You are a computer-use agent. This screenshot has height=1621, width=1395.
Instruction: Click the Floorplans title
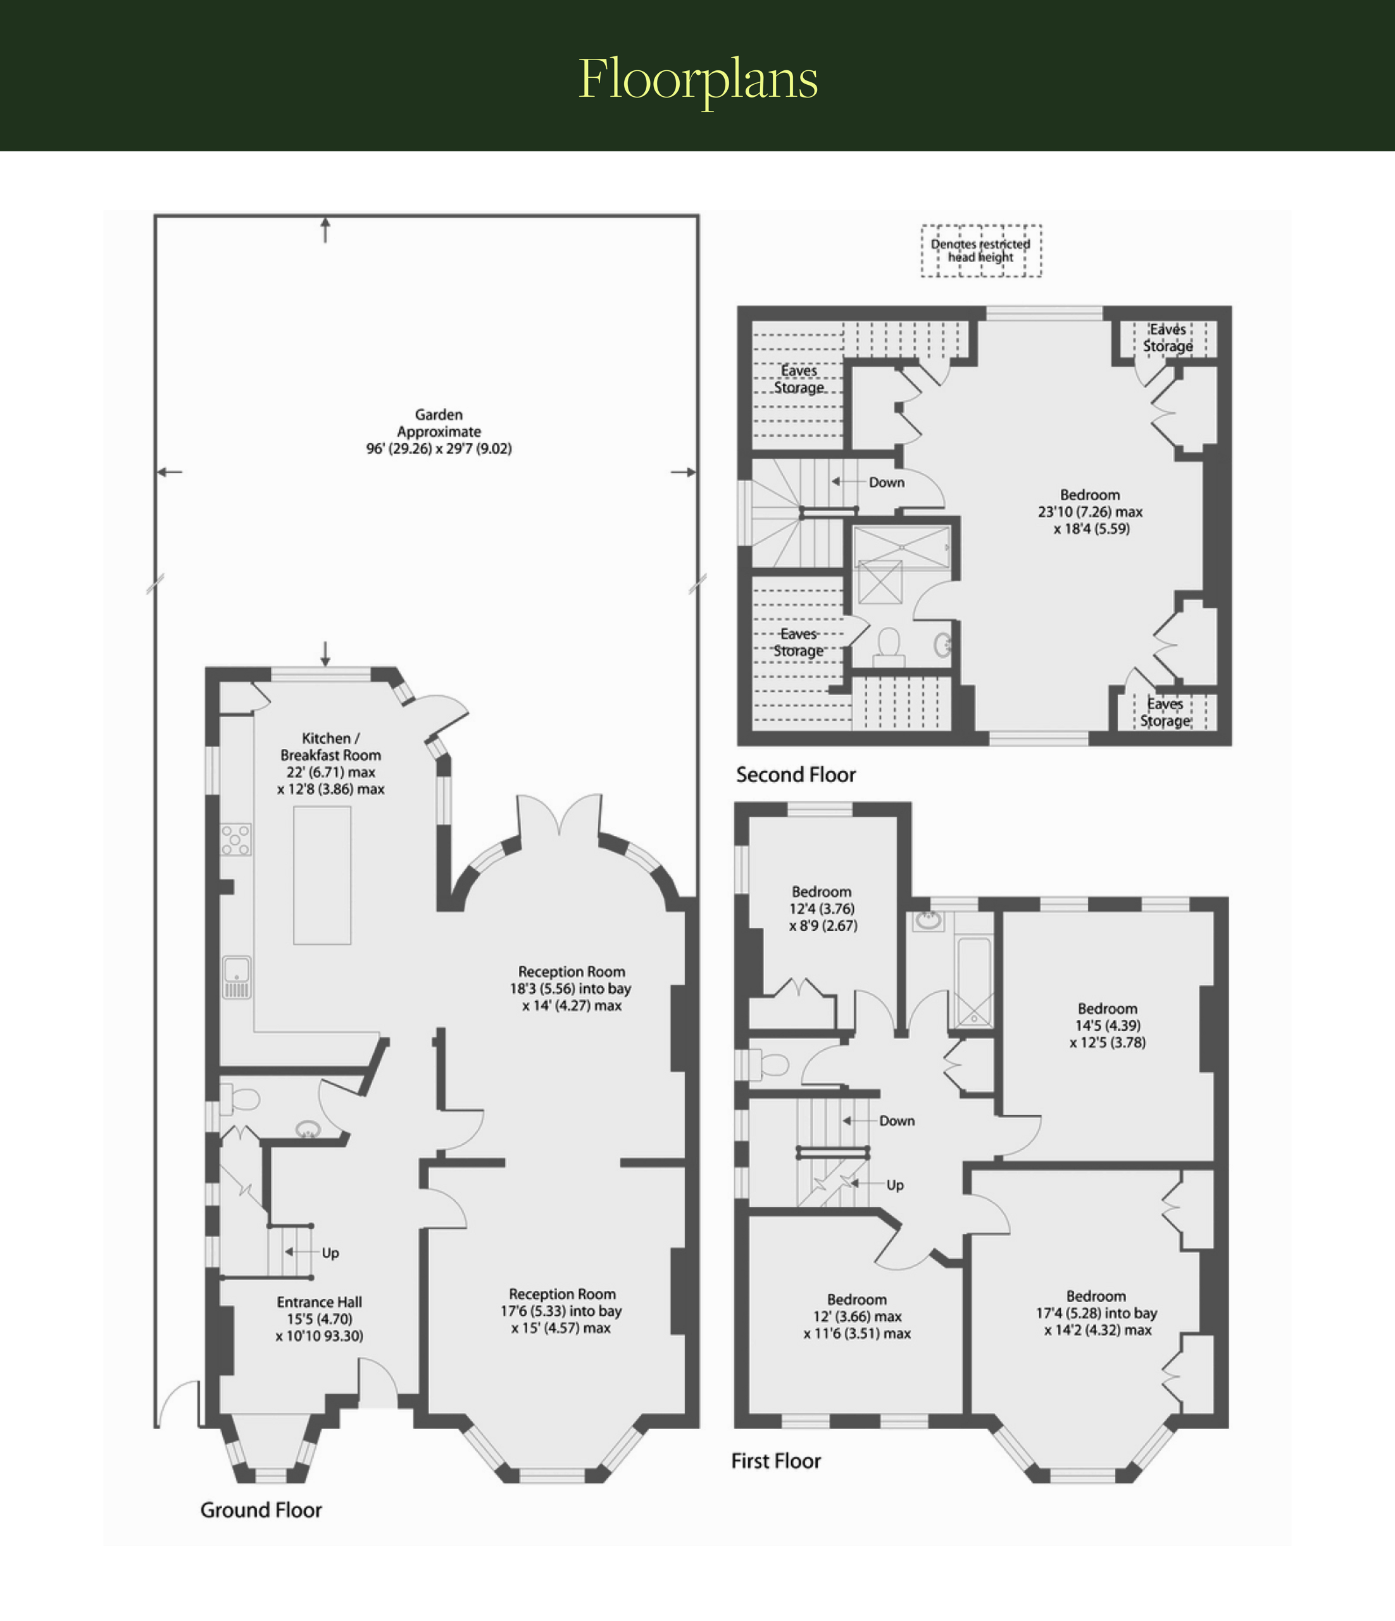coord(698,79)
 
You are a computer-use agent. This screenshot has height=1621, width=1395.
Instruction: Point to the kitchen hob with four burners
coord(236,840)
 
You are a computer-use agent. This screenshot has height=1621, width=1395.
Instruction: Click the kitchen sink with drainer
coord(236,977)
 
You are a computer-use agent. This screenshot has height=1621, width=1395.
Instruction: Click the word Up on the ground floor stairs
coord(330,1252)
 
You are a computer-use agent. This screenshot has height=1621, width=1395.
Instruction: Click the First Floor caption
coord(776,1461)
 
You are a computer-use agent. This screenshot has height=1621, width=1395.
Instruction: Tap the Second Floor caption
coord(796,774)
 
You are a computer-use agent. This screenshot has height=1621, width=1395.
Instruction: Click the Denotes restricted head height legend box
coord(980,250)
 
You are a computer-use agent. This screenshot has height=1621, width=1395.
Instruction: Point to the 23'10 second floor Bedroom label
coord(1090,512)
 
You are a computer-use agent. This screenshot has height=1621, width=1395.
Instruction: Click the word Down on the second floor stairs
coord(887,482)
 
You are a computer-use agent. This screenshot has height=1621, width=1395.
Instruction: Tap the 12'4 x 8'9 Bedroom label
coord(822,908)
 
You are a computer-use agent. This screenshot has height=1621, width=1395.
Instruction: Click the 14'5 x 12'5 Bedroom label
coord(1107,1025)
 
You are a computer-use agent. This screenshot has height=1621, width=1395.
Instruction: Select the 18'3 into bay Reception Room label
coord(572,988)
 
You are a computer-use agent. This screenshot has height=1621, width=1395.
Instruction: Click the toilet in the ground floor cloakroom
coord(239,1099)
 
